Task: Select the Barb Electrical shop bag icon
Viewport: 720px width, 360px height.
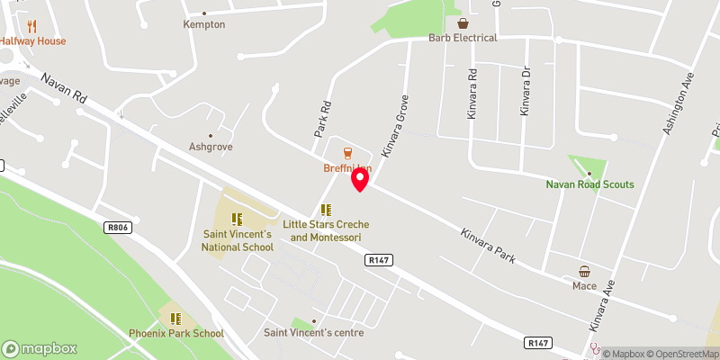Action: pyautogui.click(x=463, y=23)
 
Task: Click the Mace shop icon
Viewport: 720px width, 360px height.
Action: pyautogui.click(x=585, y=271)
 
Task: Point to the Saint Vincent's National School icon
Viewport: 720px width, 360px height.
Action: pyautogui.click(x=237, y=219)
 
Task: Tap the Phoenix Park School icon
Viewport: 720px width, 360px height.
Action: pyautogui.click(x=176, y=318)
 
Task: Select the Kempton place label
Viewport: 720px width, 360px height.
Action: pyautogui.click(x=203, y=24)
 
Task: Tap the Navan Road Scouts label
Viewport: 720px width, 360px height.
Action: pyautogui.click(x=589, y=184)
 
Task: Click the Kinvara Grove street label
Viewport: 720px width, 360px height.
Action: pyautogui.click(x=394, y=125)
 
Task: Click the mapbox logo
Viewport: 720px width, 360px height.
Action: pyautogui.click(x=40, y=349)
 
